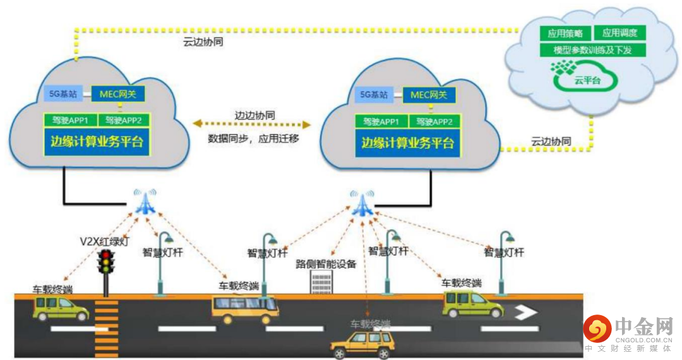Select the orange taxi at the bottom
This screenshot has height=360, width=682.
363,344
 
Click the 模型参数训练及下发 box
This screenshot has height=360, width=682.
592,50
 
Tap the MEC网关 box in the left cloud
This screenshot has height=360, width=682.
118,95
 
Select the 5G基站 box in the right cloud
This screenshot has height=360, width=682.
373,95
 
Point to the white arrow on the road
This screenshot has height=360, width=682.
525,312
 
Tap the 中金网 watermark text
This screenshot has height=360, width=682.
643,327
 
